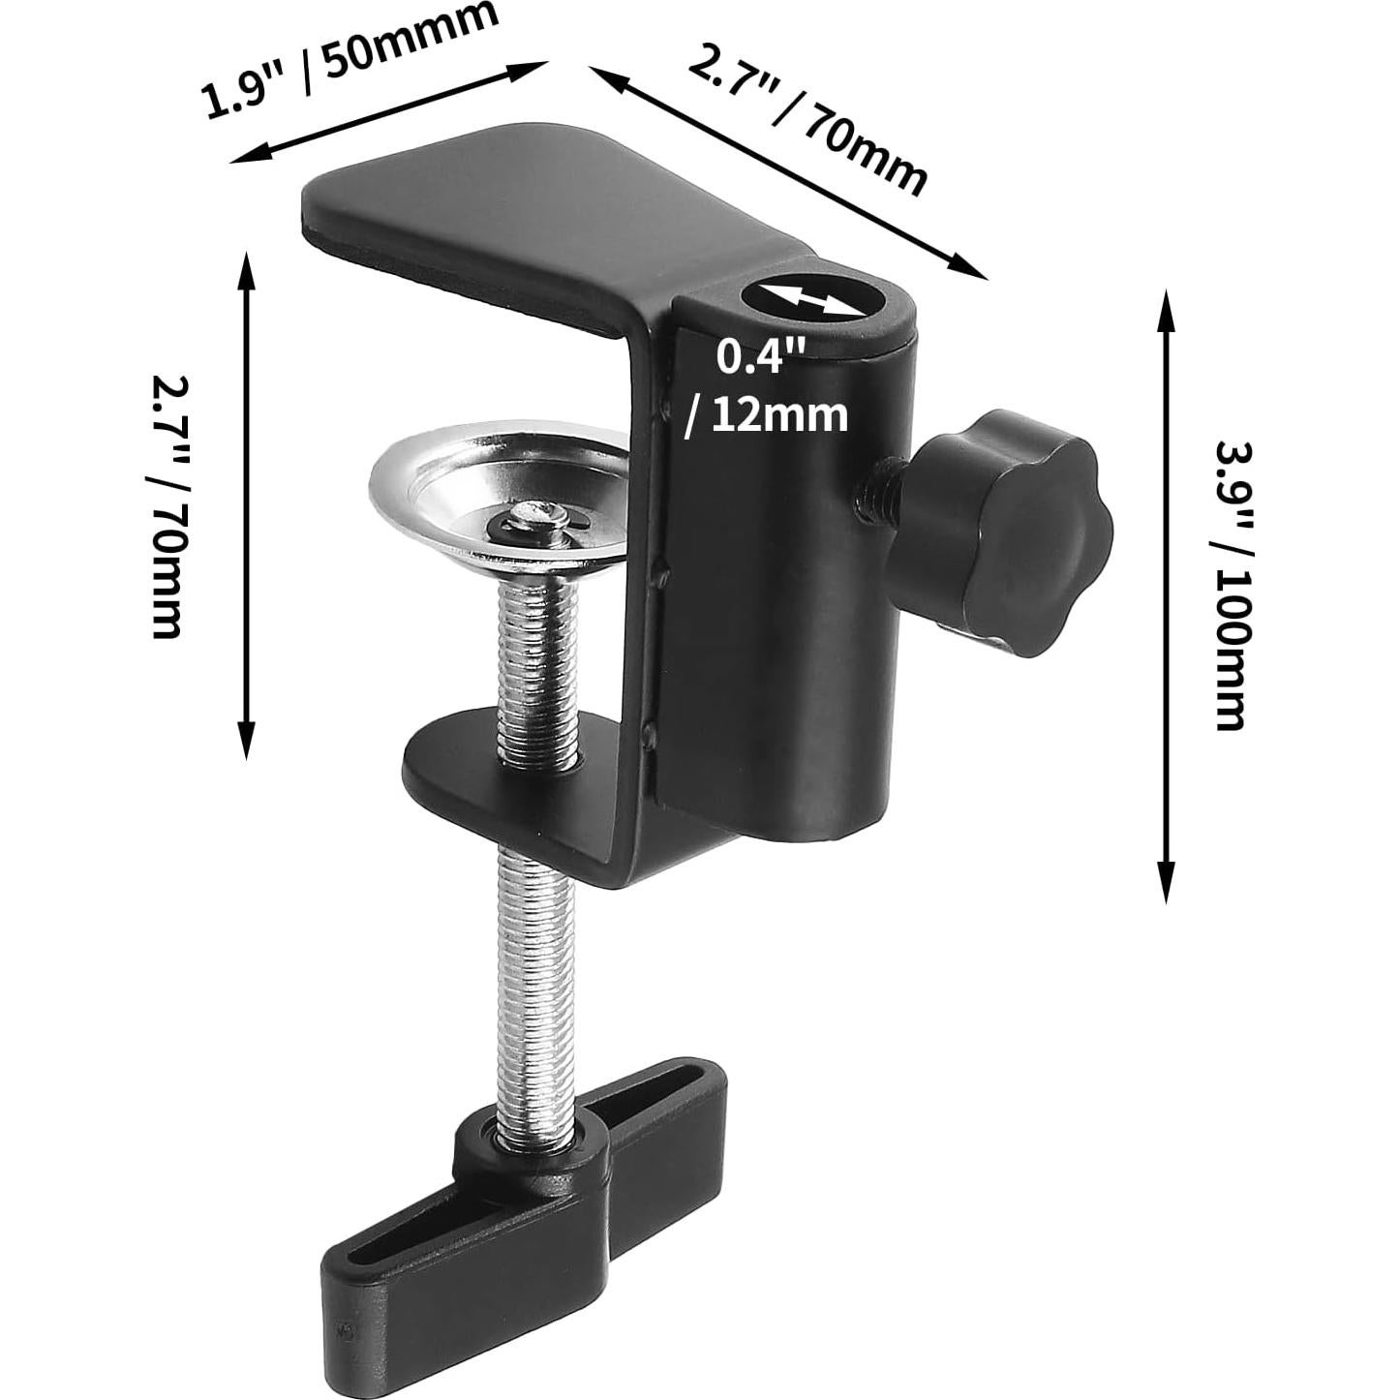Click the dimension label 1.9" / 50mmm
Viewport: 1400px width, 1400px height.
click(x=350, y=61)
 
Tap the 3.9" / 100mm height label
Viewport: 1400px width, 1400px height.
click(x=1233, y=586)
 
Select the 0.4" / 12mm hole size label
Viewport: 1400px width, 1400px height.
click(x=765, y=387)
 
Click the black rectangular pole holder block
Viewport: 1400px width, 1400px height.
click(x=784, y=581)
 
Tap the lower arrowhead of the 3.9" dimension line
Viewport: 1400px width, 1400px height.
click(x=1168, y=886)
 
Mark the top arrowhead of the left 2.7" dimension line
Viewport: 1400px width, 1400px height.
click(x=246, y=266)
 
